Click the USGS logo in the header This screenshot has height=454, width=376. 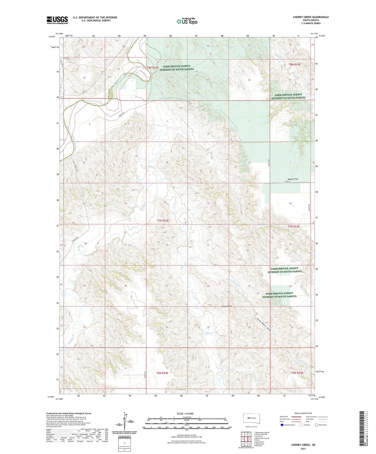[x=57, y=20]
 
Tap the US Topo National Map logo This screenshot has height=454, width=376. [x=187, y=21]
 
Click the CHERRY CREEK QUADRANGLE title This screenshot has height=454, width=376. [x=311, y=17]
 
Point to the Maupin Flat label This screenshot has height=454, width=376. [x=293, y=179]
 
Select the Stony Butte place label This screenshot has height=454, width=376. [x=227, y=306]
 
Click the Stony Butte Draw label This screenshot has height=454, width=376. [x=264, y=325]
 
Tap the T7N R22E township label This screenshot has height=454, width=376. [x=163, y=220]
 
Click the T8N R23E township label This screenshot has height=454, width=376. [x=294, y=64]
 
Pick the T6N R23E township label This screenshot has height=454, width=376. [x=297, y=373]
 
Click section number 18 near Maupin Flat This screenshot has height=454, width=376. [x=290, y=203]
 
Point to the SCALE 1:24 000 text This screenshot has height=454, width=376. [x=185, y=413]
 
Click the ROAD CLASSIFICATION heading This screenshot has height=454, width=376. [x=303, y=413]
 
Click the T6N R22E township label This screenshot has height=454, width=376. [x=162, y=373]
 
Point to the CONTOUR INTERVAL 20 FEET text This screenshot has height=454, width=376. [x=186, y=435]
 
